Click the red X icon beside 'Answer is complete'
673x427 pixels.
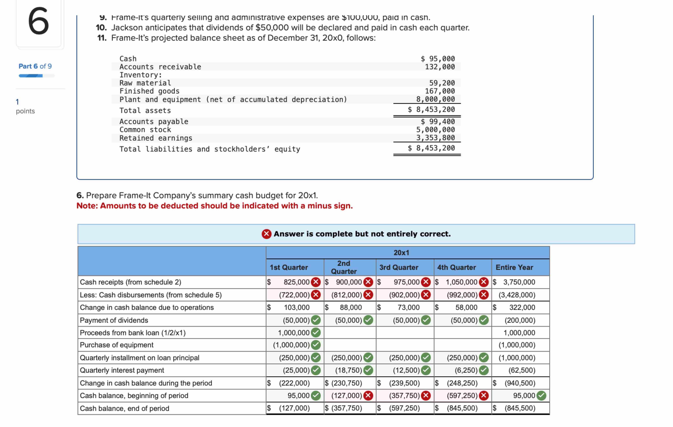point(266,234)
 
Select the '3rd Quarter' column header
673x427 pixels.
point(399,267)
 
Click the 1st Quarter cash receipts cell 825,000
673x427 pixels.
point(296,282)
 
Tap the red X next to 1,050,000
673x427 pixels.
point(484,282)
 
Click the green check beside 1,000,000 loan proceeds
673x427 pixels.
point(316,333)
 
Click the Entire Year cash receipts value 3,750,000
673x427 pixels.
point(519,282)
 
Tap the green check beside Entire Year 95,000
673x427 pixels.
point(541,396)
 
